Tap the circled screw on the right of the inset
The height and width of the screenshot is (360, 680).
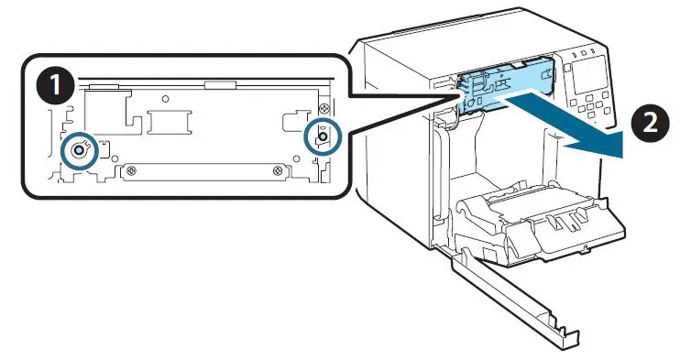coord(323,136)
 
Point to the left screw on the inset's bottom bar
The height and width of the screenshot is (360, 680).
coord(134,169)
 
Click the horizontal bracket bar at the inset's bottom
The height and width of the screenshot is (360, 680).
coord(206,169)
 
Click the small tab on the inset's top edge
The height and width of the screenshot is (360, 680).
coord(221,86)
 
